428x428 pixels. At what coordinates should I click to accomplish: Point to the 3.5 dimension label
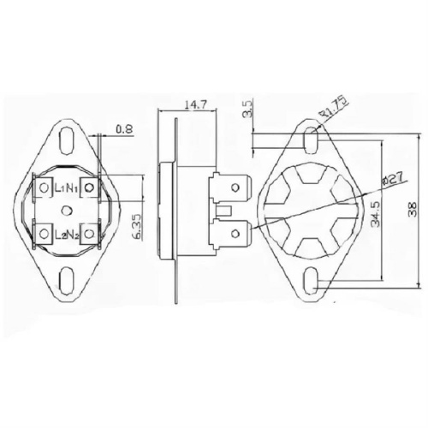coord(247,110)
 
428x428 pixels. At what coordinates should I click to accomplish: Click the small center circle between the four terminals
coord(66,210)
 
